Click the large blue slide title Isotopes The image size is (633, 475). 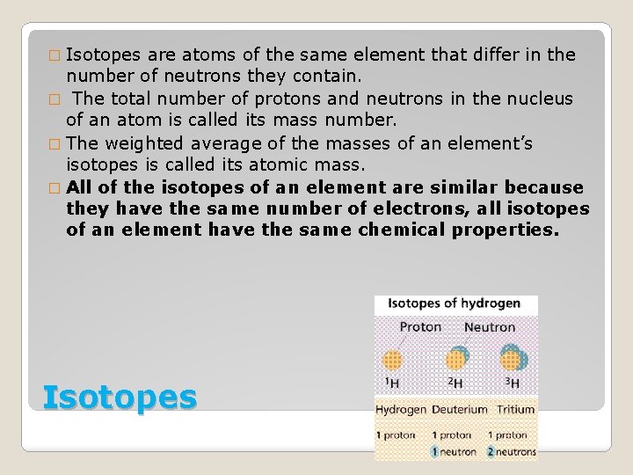point(120,397)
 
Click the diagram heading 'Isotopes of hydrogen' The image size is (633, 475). point(448,304)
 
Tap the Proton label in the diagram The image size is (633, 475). point(420,327)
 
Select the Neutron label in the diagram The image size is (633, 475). point(490,327)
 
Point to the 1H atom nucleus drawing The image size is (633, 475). point(393,361)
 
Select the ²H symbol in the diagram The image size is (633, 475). point(455,384)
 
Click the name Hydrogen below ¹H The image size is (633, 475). point(401,410)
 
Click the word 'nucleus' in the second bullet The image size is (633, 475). point(535,99)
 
